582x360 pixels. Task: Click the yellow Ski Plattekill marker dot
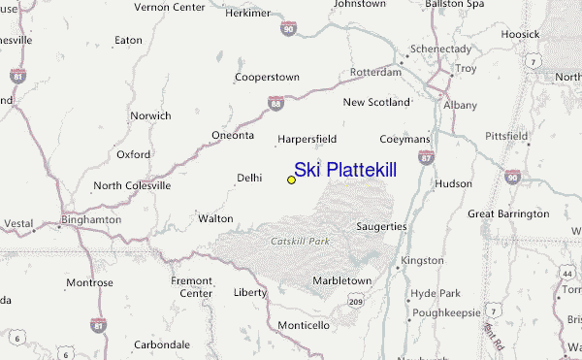point(291,180)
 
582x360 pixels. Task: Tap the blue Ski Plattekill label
point(345,170)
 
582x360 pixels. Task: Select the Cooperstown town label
point(266,77)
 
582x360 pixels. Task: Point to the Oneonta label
point(233,135)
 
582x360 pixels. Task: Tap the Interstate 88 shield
point(275,102)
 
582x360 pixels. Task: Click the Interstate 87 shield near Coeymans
point(426,156)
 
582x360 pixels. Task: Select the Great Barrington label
point(507,213)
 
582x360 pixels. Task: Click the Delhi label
point(250,178)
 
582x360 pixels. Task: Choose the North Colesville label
point(132,184)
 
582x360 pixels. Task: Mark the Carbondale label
point(161,344)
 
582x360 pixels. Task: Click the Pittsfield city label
point(506,137)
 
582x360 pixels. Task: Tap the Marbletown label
point(341,280)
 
